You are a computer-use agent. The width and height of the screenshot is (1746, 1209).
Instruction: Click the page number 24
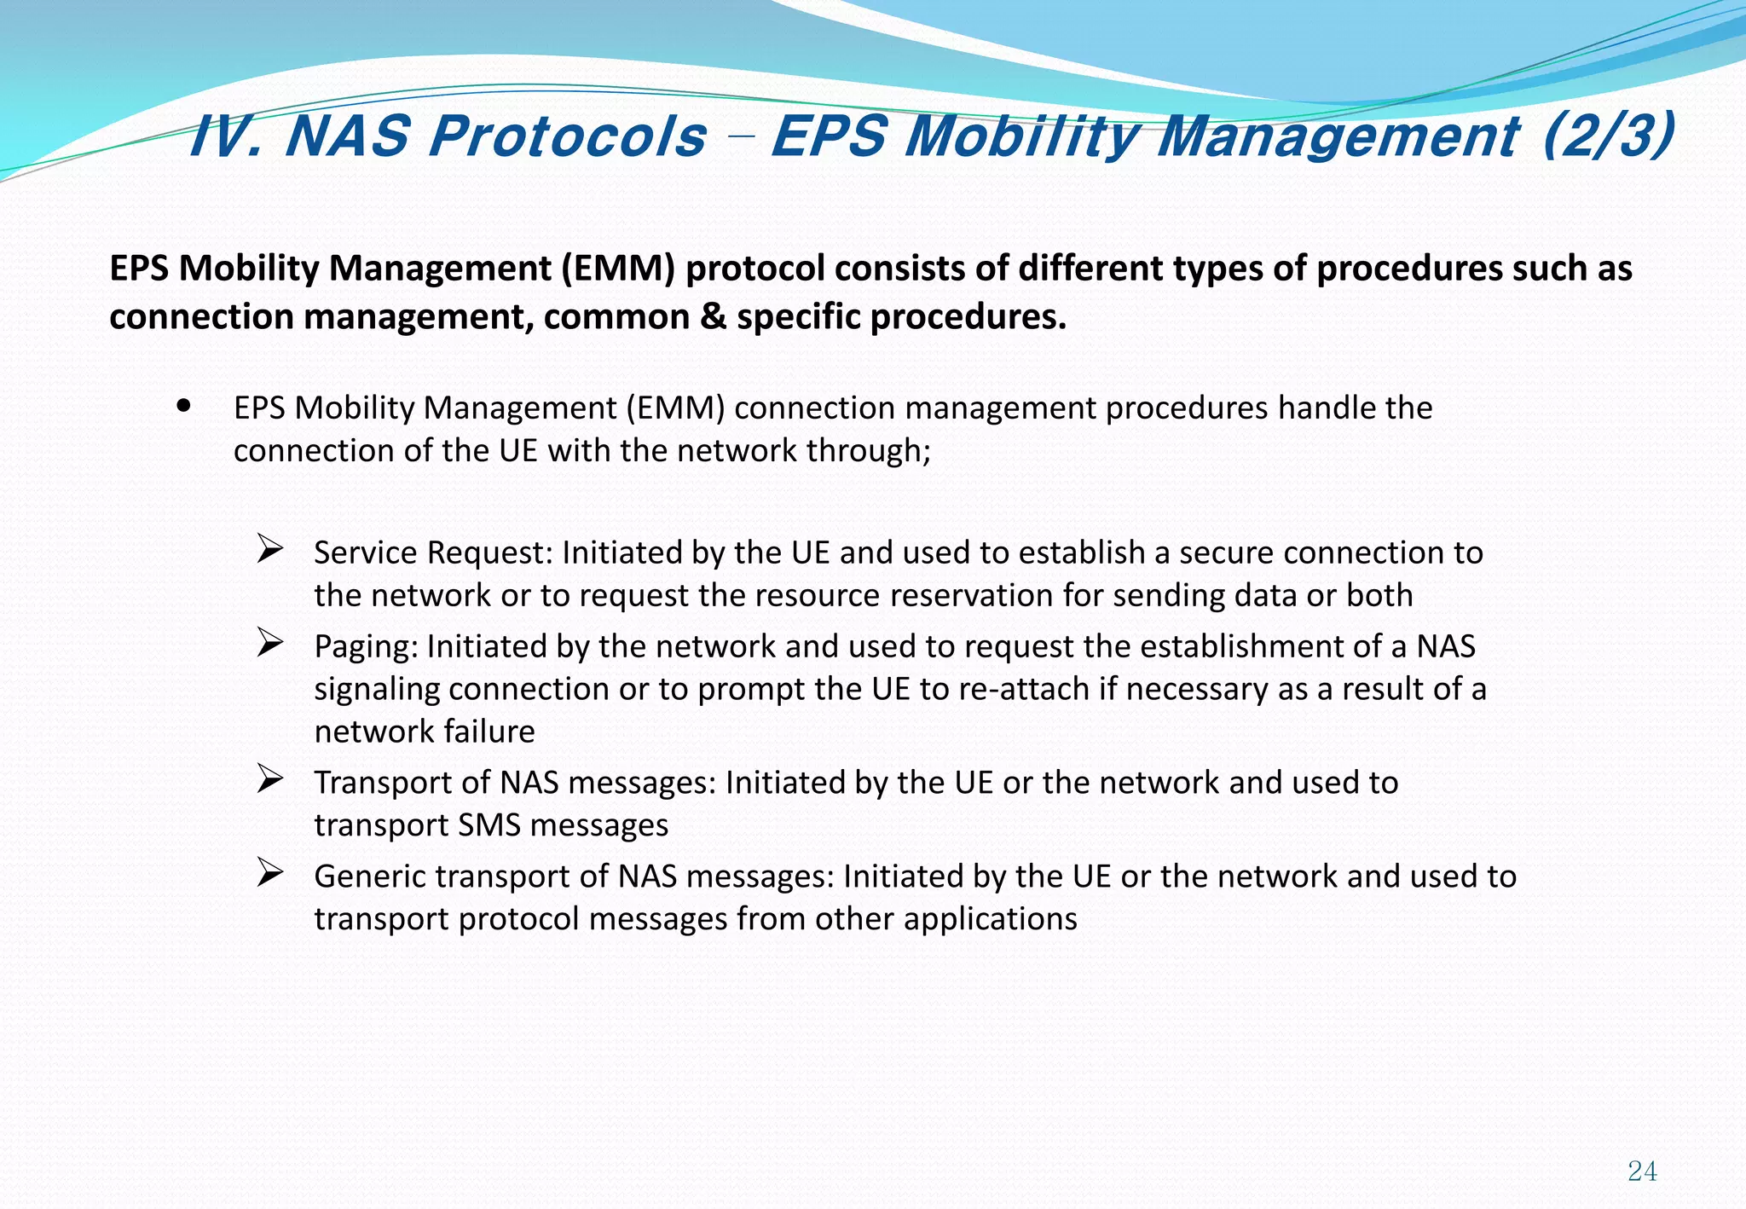click(1642, 1171)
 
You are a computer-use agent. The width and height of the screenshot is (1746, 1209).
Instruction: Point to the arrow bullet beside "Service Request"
click(270, 549)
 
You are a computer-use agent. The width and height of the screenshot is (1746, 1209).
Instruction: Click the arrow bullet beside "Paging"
click(270, 643)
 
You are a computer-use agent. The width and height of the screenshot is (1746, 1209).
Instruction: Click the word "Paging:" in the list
click(366, 647)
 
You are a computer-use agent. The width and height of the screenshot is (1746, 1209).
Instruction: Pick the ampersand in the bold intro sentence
click(713, 317)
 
